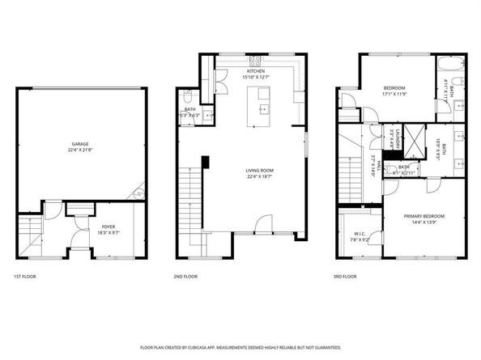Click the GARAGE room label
click(x=79, y=144)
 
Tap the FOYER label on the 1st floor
click(x=108, y=226)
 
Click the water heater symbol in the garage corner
click(x=138, y=193)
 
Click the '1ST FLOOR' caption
click(x=24, y=277)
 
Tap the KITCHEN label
click(x=256, y=71)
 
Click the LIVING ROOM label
click(x=259, y=170)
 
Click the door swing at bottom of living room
click(x=259, y=225)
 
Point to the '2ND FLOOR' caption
click(x=185, y=277)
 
